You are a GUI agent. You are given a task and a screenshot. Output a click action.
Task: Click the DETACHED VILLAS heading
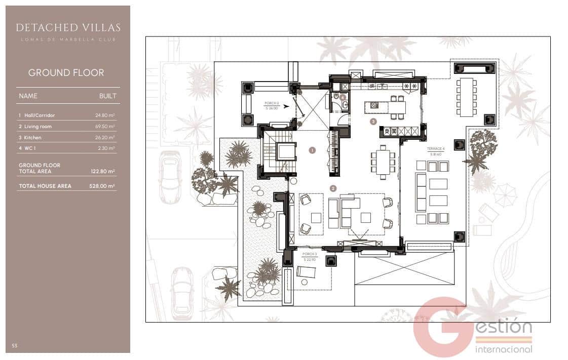[68, 27]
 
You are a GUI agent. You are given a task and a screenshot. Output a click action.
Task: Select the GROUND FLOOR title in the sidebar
[66, 72]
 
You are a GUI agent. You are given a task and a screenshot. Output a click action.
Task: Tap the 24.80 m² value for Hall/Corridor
[105, 115]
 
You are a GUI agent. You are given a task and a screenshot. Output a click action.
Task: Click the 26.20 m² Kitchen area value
[105, 138]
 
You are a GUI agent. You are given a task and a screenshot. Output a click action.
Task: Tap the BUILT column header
[107, 96]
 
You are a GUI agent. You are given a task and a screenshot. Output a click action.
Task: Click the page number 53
[15, 346]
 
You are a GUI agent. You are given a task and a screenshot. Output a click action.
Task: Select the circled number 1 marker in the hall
[312, 150]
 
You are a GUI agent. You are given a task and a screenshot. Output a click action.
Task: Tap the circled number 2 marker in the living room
[333, 188]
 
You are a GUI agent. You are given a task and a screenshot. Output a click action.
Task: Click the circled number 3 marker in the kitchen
[373, 122]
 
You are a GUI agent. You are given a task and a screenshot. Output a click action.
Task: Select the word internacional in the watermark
[504, 349]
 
